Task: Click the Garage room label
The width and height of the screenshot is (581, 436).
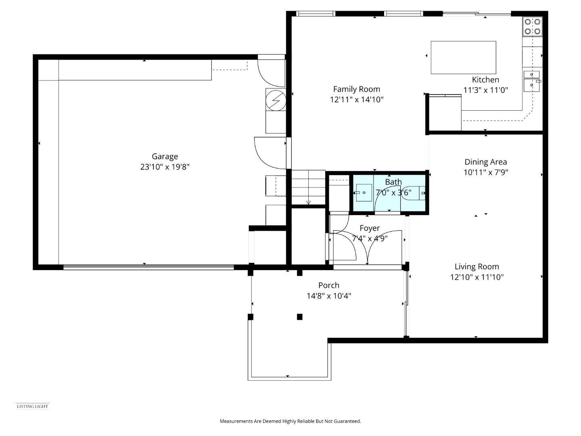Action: coord(165,157)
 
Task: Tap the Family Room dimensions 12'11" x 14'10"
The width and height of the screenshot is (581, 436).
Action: coord(357,100)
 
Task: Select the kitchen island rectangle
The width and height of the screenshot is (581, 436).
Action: coord(463,57)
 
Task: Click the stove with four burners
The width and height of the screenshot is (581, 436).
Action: coord(532,26)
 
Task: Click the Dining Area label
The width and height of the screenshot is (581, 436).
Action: coord(485,162)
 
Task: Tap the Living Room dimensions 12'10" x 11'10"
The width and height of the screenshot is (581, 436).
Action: coord(477,277)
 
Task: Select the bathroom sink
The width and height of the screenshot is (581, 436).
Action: coord(364,193)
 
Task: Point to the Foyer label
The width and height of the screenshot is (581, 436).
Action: coord(370,228)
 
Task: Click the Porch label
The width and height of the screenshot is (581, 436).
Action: coord(328,285)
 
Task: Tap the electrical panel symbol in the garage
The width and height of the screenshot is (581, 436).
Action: coord(276,99)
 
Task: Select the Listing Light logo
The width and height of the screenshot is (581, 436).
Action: coord(32,406)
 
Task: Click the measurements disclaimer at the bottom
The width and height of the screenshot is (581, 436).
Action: coord(290,421)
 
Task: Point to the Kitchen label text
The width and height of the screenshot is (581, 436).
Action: coord(485,80)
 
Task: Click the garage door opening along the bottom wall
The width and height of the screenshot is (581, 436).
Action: coord(148,267)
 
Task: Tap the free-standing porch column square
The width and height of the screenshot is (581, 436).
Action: coord(299,317)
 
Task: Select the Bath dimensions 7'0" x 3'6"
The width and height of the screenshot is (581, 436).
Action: coord(393,193)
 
